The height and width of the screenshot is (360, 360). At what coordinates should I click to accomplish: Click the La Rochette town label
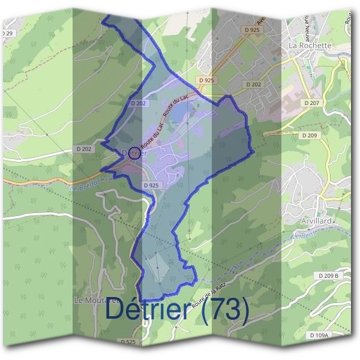310,45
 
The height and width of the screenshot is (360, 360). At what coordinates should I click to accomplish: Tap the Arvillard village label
316,221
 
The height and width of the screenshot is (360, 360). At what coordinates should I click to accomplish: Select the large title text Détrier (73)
177,310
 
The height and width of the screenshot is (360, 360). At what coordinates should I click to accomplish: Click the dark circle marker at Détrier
134,152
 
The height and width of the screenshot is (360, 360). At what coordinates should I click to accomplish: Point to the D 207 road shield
311,103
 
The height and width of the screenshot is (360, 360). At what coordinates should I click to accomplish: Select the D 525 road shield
128,341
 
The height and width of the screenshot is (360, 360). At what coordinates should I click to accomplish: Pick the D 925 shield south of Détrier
151,186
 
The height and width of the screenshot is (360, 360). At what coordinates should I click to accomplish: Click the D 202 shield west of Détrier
85,148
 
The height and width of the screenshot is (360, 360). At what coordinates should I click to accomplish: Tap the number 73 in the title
226,310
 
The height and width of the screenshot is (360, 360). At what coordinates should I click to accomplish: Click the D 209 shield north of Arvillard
310,136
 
